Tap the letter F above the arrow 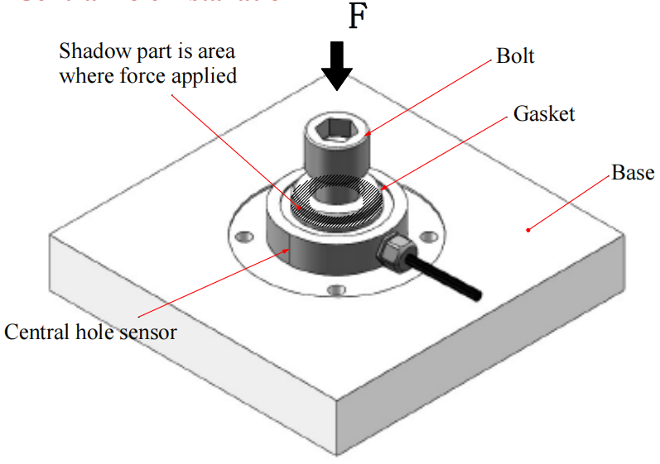coord(356,16)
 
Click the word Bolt coord(515,57)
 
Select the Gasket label coord(543,113)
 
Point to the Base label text coord(633,173)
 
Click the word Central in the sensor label coord(32,332)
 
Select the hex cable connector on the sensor coord(392,248)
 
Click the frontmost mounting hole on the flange coord(334,290)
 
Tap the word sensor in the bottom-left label coord(148,332)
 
